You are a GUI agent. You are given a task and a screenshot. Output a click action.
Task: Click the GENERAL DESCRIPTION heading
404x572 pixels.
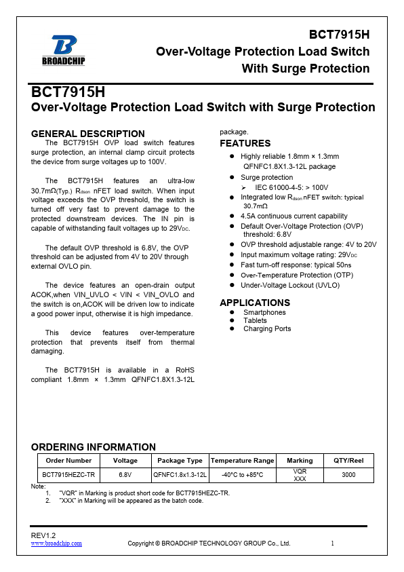tap(88, 134)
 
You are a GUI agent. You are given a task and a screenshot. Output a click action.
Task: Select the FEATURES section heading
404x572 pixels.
tap(245, 143)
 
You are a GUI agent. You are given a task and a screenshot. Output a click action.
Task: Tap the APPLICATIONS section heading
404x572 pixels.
tap(255, 303)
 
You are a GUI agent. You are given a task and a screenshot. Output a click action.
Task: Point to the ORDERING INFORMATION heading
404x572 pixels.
tap(94, 446)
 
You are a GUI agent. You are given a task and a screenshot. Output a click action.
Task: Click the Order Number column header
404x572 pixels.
tap(68, 461)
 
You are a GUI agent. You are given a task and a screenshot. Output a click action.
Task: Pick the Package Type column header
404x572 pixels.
tap(180, 461)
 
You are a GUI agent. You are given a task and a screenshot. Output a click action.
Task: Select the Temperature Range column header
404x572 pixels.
tap(242, 461)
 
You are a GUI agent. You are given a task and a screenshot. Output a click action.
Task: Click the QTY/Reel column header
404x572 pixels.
tap(348, 461)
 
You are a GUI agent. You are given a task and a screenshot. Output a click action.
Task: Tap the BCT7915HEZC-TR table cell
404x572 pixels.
tap(68, 475)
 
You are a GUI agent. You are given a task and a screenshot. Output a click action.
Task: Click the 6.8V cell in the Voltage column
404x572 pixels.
tap(125, 475)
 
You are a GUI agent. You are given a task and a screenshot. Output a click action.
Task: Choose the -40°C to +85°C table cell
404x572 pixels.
tap(242, 475)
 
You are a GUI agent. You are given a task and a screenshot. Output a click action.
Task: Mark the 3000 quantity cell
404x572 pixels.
tap(348, 475)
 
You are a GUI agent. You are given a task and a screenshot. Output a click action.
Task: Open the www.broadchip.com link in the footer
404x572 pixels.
tap(57, 544)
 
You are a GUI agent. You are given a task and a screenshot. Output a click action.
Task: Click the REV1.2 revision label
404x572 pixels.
tap(43, 536)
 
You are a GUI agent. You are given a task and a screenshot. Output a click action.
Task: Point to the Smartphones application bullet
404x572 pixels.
tap(264, 312)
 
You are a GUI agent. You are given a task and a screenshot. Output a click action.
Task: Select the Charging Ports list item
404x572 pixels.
tap(267, 328)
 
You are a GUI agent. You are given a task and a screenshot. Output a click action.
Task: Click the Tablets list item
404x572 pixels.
tap(255, 320)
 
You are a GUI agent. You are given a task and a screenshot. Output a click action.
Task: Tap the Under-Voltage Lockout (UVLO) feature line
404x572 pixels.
tap(290, 285)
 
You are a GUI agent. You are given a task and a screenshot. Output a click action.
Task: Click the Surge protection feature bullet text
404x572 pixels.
tap(266, 177)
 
